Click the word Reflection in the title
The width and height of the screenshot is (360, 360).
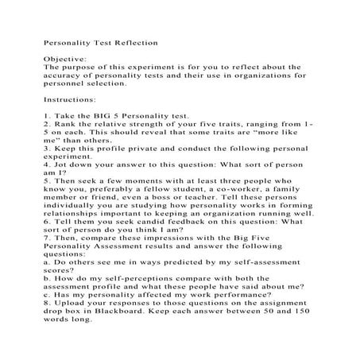coord(135,38)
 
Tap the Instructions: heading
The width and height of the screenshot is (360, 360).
coord(65,102)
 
